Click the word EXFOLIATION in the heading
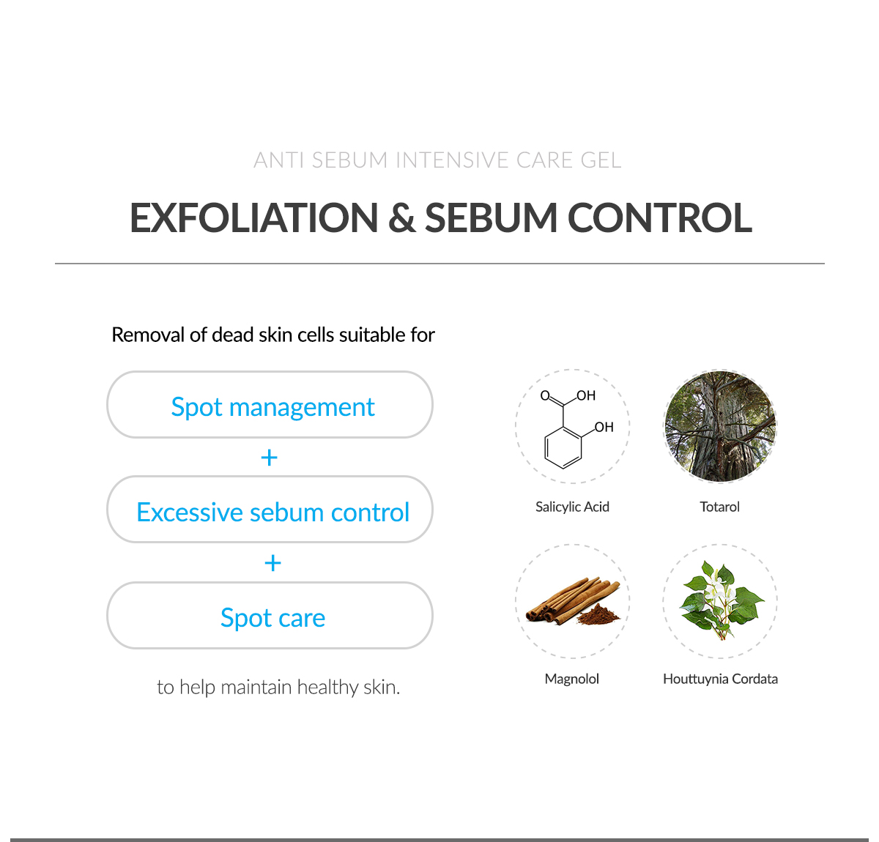coord(254,218)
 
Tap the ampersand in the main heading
coord(401,218)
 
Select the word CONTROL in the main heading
coord(659,218)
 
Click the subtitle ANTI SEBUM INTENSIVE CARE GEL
coord(437,160)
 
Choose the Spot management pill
coord(270,404)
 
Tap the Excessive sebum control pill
coord(270,510)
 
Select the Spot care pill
coord(270,615)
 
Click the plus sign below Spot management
coord(270,458)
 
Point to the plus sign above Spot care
coord(272,563)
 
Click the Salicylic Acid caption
coord(572,507)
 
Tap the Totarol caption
coord(719,507)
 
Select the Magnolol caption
coord(572,679)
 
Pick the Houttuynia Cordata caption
coord(720,679)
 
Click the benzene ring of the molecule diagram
coord(563,448)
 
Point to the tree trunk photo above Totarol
coord(720,426)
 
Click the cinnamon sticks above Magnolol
coord(568,599)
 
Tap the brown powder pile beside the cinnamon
coord(599,615)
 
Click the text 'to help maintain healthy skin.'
coord(278,688)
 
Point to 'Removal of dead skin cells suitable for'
coord(272,335)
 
